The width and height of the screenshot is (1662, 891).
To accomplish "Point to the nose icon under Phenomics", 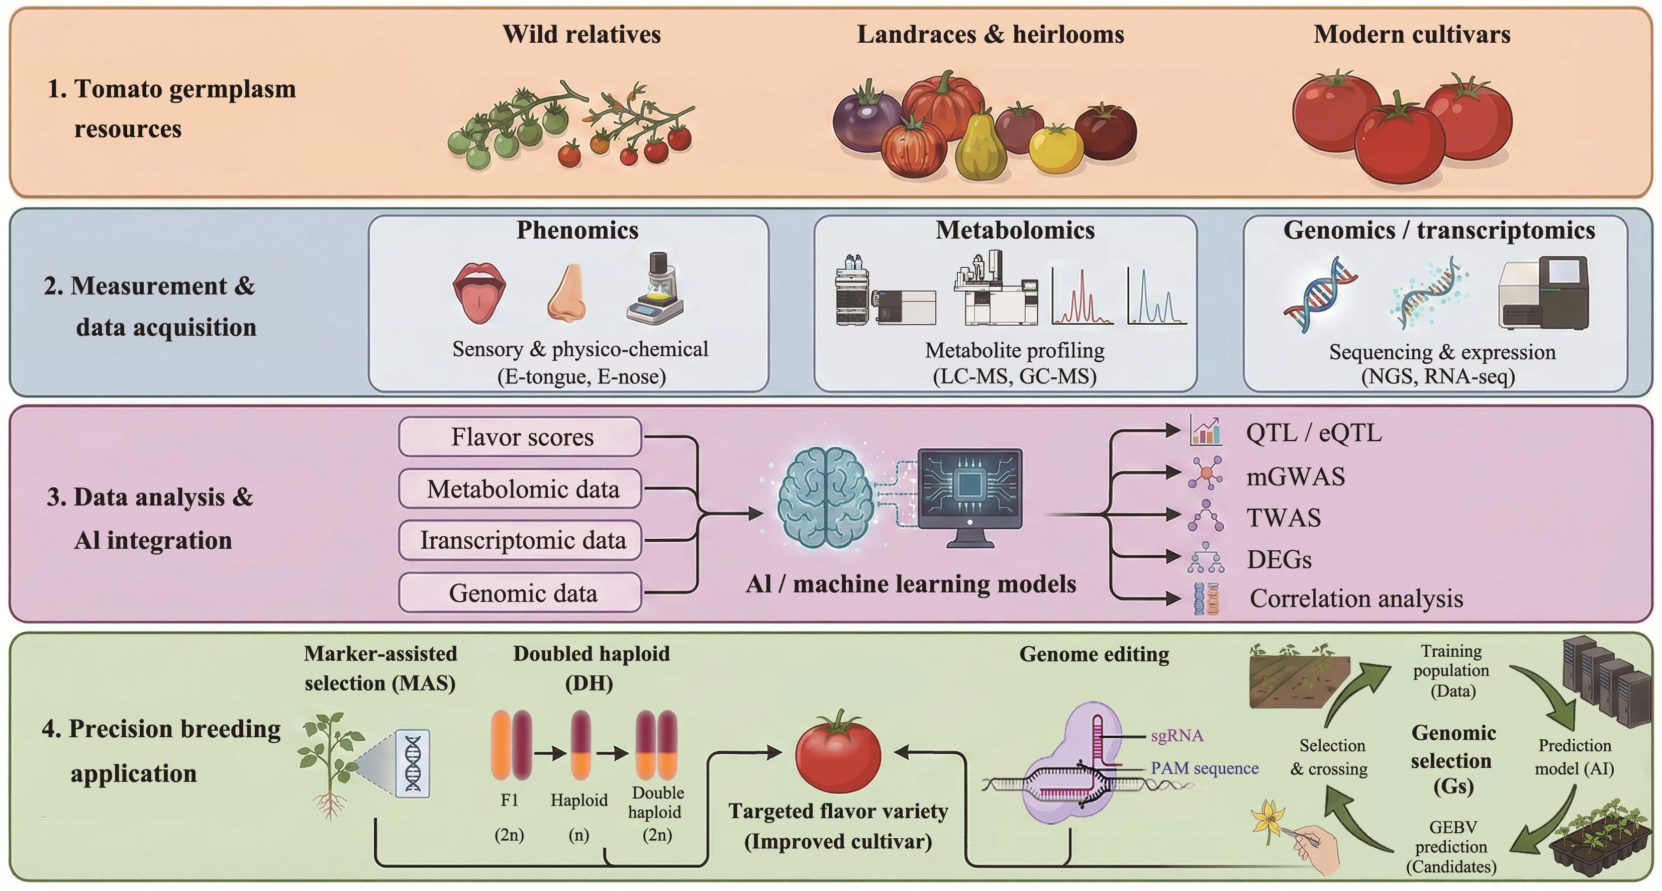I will point(567,293).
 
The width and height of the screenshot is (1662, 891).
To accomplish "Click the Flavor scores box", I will point(520,437).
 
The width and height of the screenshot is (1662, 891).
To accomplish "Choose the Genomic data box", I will point(520,592).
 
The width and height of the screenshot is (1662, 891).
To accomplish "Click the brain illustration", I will point(826,497).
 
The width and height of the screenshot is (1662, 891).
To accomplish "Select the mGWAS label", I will point(1295,476).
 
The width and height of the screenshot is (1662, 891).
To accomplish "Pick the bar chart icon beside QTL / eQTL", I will point(1205,432).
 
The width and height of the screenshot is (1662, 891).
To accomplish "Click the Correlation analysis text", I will point(1355,598).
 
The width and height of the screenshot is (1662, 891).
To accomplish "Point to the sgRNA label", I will point(1177,735).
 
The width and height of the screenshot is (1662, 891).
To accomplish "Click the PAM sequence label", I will point(1204,768).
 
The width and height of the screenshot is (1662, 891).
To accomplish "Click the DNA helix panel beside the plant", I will point(412,763).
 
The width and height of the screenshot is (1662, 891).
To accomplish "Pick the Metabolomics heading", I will point(1014,230).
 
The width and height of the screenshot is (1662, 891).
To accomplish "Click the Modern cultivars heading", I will point(1412,34).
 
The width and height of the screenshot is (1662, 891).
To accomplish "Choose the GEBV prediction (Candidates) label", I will point(1451,846).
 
